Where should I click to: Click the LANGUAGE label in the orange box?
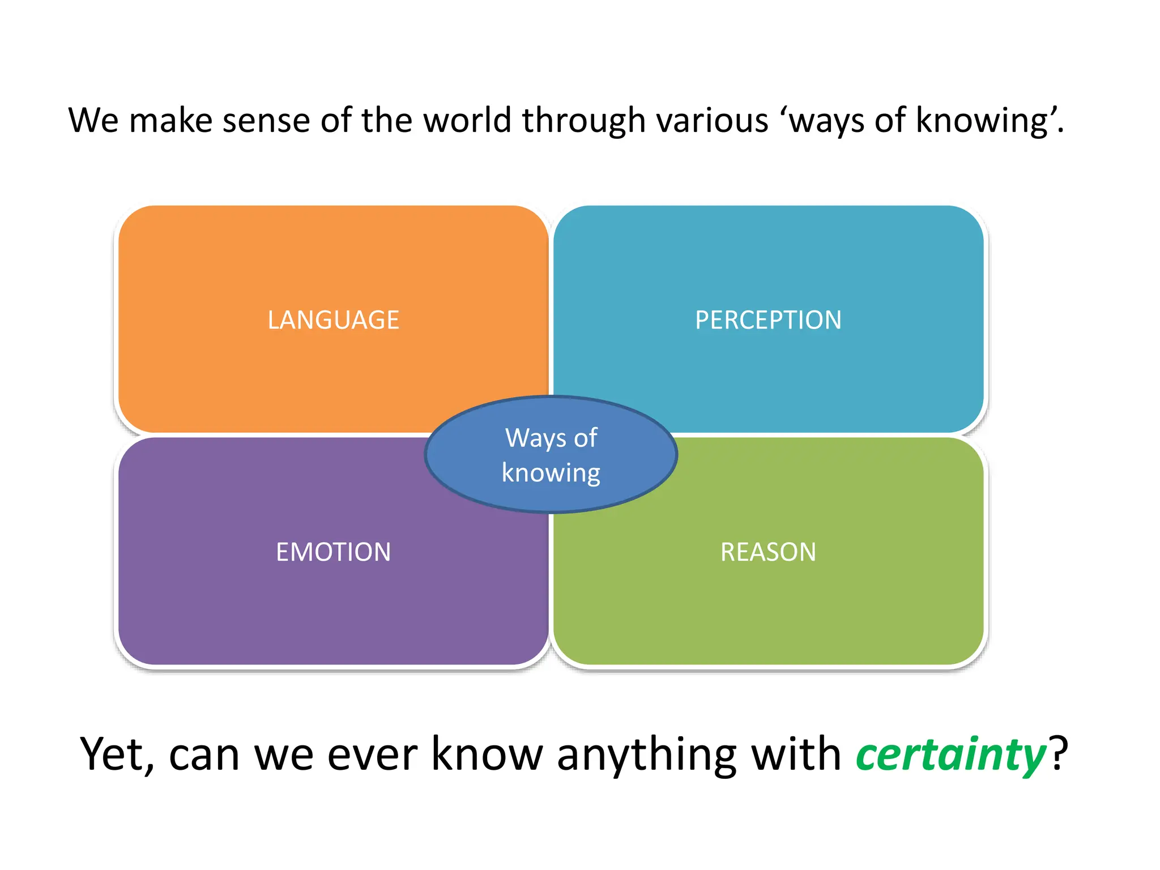tap(333, 320)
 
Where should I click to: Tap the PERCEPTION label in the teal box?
tap(768, 320)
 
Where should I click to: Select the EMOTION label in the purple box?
tap(333, 552)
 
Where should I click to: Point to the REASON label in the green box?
tap(768, 552)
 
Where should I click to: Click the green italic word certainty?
tap(950, 754)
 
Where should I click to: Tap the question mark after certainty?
tap(1058, 754)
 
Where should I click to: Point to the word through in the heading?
tap(583, 121)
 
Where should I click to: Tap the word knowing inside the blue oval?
tap(551, 473)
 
